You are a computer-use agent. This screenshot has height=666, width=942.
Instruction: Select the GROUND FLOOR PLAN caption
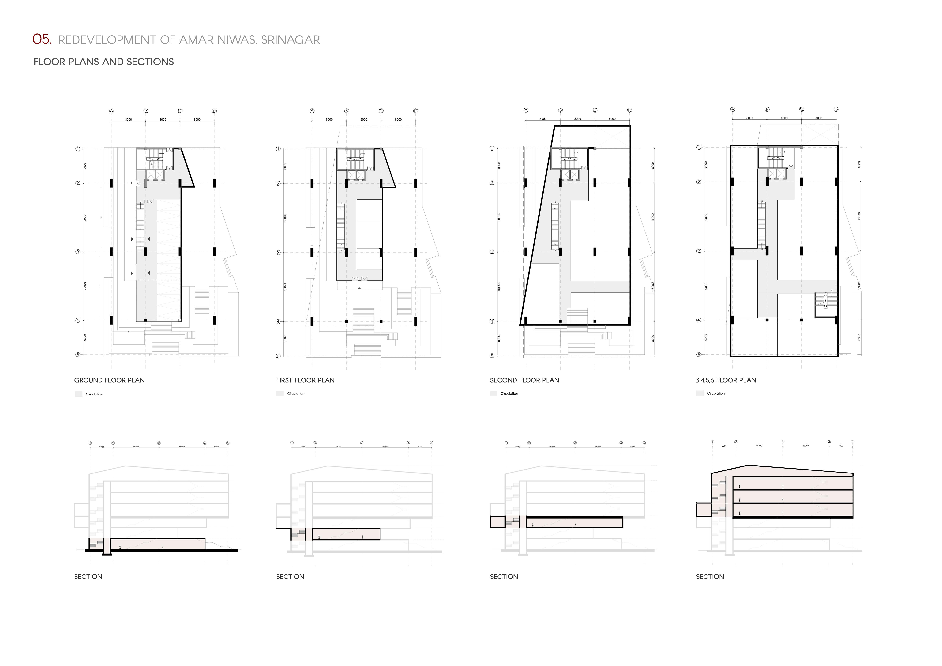click(109, 380)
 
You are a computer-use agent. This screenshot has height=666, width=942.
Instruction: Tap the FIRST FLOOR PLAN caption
click(305, 380)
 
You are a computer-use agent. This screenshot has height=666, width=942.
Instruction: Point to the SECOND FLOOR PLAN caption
click(524, 380)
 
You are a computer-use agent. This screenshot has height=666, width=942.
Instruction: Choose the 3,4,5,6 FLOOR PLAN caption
click(726, 380)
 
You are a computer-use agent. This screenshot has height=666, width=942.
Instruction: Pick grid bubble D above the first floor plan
click(416, 111)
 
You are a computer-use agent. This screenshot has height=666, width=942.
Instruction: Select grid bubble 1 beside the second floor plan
click(492, 148)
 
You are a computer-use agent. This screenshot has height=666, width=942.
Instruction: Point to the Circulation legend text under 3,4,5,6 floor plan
click(716, 393)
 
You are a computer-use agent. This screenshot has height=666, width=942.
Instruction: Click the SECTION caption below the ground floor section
click(88, 577)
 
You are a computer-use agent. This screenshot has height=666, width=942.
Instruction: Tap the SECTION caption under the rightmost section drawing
click(710, 577)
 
